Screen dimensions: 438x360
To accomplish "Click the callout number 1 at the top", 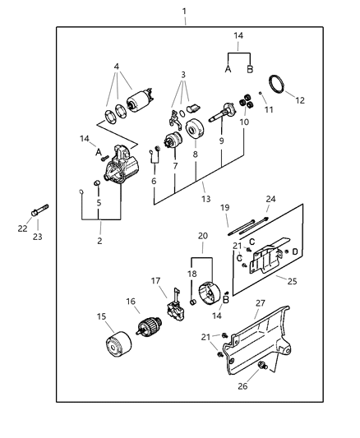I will click(x=184, y=11).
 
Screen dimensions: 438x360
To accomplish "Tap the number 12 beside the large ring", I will click(x=300, y=101).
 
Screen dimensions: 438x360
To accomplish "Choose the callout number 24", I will click(x=270, y=200).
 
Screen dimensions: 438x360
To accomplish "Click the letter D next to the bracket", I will click(x=296, y=251).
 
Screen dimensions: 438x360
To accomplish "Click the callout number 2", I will click(x=99, y=241).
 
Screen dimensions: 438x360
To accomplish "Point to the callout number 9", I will click(x=220, y=141).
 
